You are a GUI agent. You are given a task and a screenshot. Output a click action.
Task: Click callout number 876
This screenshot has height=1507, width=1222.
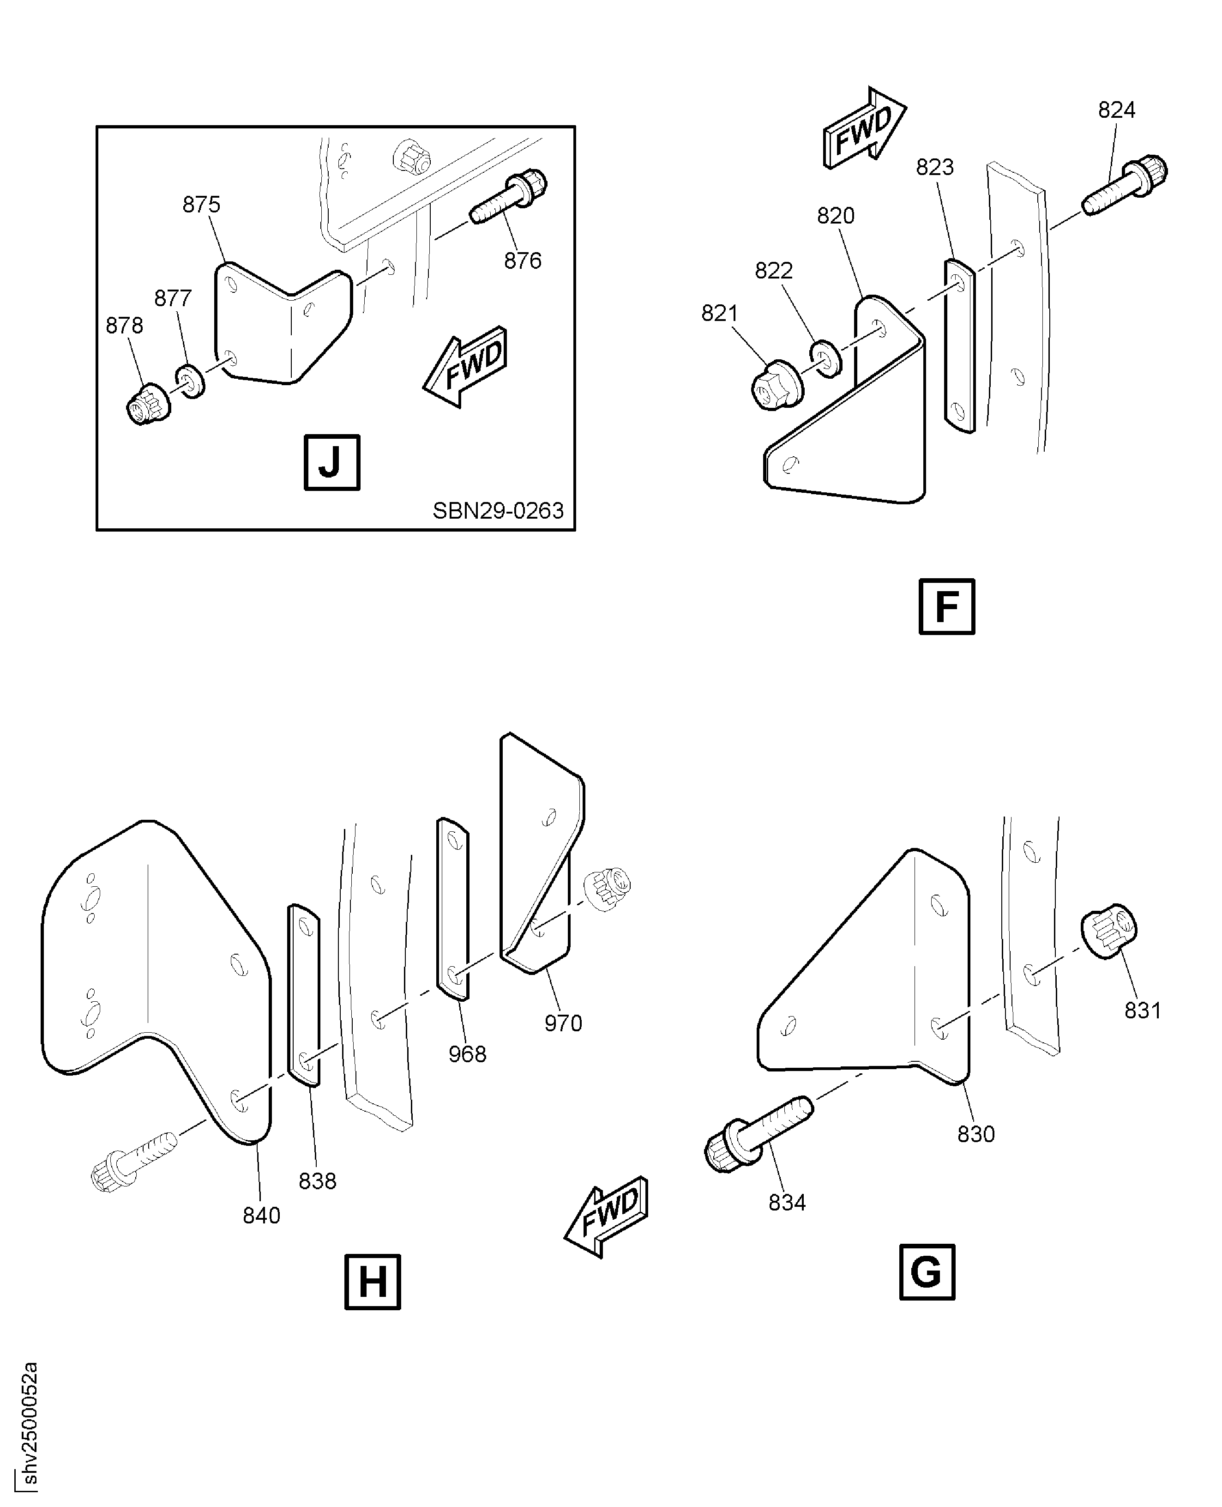(522, 260)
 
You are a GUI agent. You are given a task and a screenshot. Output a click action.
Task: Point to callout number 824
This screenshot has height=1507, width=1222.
(1116, 110)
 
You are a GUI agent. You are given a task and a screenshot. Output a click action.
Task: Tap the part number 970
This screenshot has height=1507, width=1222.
(563, 1023)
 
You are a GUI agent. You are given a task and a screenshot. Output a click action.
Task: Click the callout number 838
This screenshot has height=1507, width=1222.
(318, 1180)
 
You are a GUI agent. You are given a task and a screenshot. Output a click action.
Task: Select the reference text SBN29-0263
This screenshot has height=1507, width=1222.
(498, 510)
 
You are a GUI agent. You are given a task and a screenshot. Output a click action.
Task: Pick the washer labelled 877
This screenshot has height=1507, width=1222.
(190, 381)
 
